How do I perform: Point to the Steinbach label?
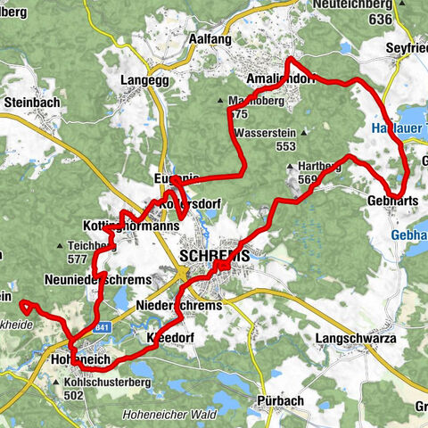point(31,103)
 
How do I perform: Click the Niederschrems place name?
point(178,306)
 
